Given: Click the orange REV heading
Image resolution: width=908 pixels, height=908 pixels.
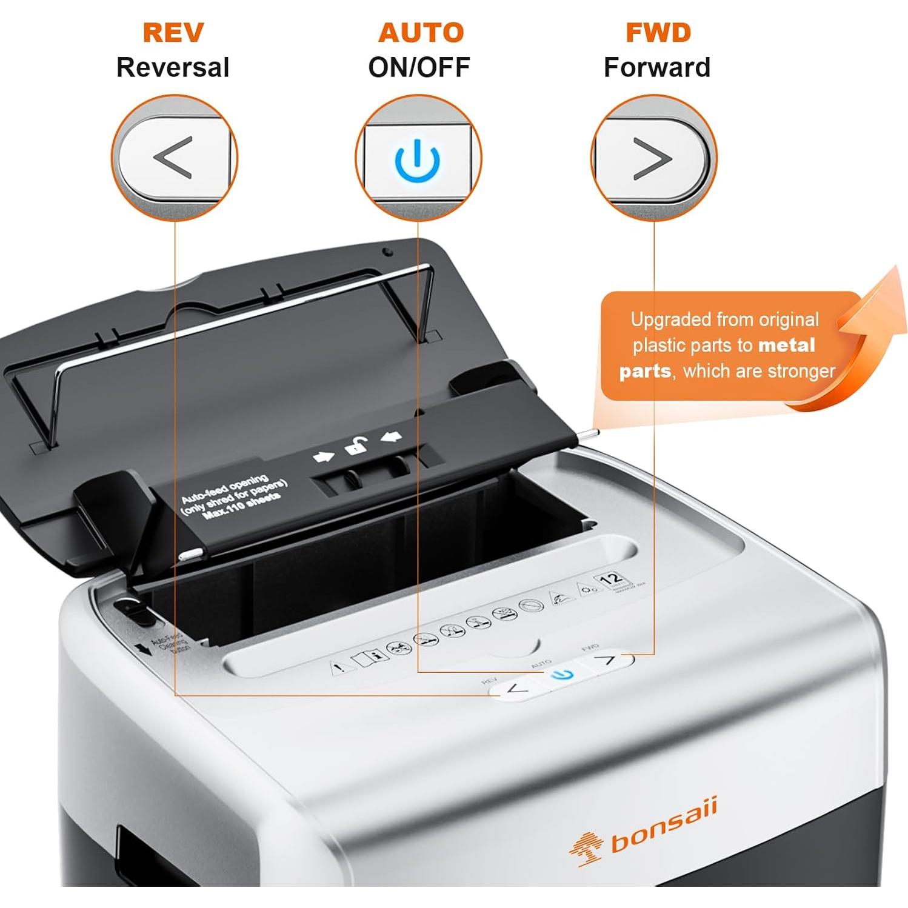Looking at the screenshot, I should point(173,33).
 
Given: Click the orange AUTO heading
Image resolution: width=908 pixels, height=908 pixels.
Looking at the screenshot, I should point(421,33).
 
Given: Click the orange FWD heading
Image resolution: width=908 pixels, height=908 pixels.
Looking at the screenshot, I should point(658,33).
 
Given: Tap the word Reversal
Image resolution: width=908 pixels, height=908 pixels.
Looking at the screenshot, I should point(173,67).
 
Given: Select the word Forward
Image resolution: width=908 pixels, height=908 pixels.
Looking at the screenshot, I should point(656,67).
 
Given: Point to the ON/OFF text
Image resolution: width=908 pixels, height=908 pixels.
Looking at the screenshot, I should point(419,67).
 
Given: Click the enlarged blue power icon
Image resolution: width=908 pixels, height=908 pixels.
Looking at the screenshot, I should point(417,160).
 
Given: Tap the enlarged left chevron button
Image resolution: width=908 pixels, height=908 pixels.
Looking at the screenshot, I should point(173,158).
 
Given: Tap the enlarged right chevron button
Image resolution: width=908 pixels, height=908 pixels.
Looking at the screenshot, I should point(652,158).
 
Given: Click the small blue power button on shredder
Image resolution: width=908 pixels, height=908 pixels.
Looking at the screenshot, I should point(563,675).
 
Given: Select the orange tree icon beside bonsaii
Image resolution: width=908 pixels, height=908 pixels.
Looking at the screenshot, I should point(586,846).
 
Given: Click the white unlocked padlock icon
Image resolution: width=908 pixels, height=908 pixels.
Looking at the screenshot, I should point(356,446).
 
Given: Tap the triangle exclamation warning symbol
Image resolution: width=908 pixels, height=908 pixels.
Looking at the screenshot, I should point(341,667).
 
